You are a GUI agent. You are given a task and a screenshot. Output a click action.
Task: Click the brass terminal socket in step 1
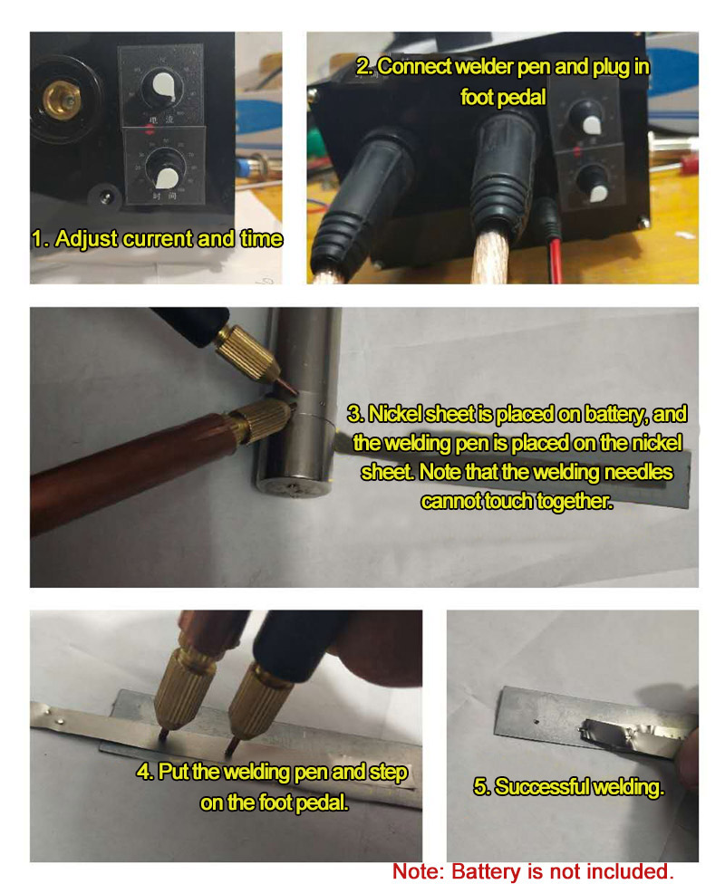point(62,101)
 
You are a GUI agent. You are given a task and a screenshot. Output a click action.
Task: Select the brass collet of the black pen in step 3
point(246,352)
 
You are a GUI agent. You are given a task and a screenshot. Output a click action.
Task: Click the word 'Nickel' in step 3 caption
point(394,414)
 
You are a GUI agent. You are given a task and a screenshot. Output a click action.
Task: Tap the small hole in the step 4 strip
point(61,720)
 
